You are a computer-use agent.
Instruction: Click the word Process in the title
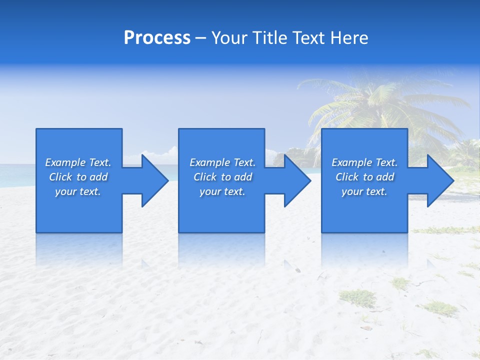157,38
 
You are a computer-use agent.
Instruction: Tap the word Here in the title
349,38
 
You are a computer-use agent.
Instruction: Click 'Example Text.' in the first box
78,162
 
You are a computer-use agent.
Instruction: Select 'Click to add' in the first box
78,177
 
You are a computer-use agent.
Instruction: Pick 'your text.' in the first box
78,191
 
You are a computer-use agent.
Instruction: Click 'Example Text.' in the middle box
222,162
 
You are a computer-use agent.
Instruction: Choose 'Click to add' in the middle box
222,177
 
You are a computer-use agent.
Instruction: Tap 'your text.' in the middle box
222,191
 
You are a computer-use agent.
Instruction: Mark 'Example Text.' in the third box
364,162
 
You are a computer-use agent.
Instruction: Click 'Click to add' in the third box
364,177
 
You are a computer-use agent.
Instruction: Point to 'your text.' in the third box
364,191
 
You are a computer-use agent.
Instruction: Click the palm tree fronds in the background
380,100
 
